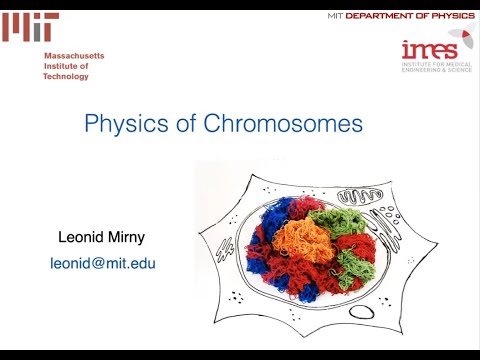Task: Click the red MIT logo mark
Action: point(29,28)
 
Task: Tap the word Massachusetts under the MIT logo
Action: point(74,56)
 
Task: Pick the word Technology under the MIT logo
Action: point(66,76)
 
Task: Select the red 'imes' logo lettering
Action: point(429,50)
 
